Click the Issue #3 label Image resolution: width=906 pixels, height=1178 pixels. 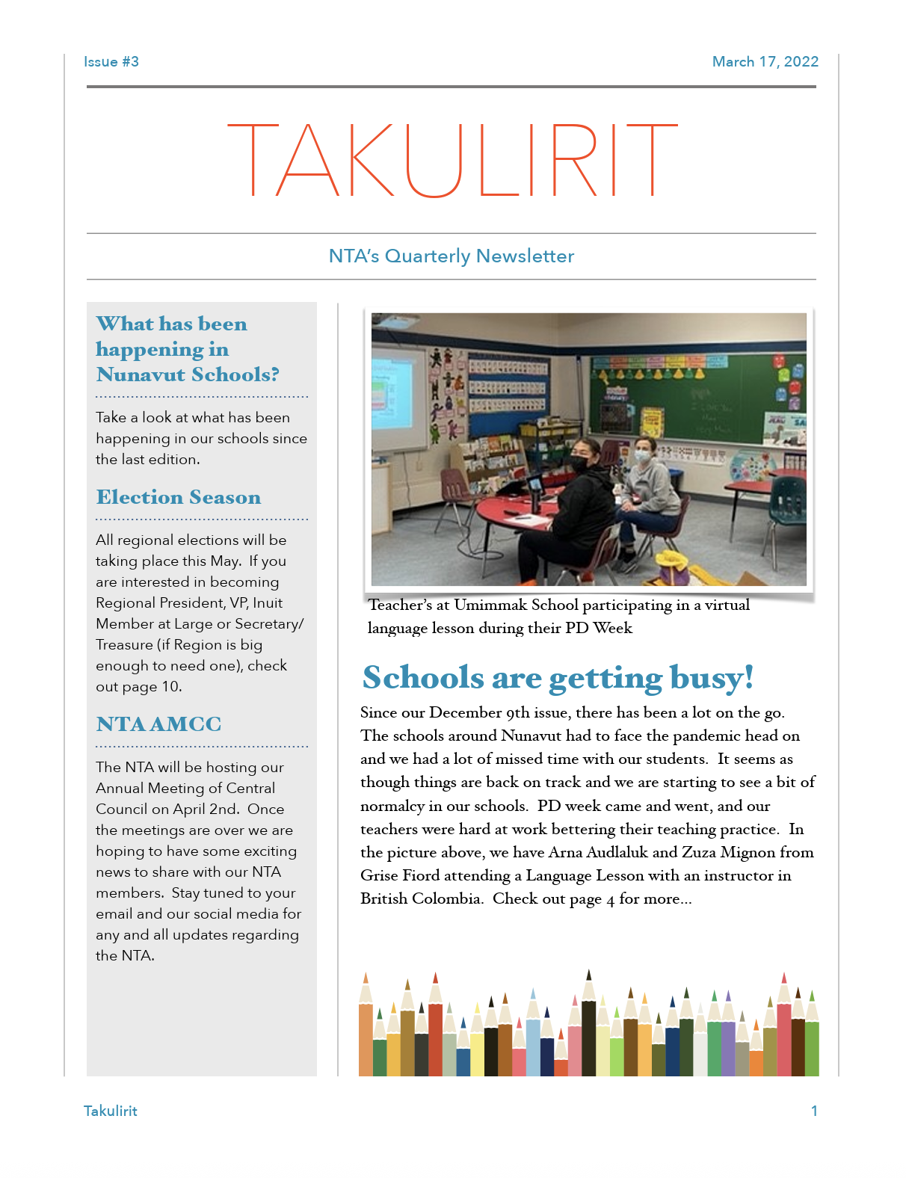click(111, 62)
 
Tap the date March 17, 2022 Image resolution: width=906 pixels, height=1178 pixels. click(765, 62)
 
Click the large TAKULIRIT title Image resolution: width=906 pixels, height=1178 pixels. click(452, 160)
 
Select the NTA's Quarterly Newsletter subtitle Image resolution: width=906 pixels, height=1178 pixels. click(452, 256)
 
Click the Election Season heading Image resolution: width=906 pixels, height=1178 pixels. click(179, 498)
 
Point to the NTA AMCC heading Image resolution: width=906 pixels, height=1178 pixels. click(158, 724)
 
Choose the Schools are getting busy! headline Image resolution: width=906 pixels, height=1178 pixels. click(558, 678)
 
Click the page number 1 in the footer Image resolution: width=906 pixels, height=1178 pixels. click(814, 1111)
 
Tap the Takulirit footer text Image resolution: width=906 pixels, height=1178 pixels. click(111, 1111)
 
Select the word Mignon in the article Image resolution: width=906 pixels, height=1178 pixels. click(748, 853)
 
